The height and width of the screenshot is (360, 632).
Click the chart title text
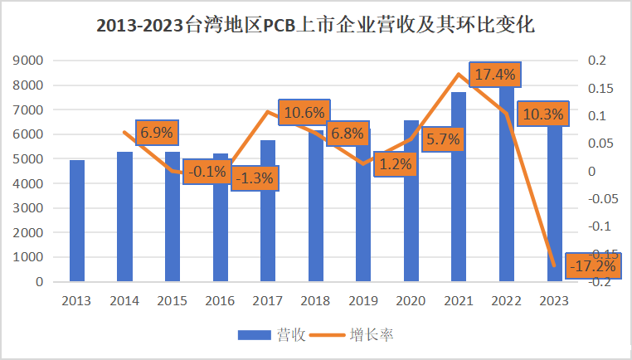315,25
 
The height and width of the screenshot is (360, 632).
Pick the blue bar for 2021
459,187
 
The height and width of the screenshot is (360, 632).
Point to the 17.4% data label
495,75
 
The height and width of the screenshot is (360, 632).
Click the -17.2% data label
592,266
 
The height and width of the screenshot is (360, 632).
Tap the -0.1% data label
206,171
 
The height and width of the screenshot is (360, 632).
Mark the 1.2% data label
395,164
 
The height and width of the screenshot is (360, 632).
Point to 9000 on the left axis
30,61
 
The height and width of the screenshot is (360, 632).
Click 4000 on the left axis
30,183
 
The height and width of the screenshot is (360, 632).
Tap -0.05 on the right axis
602,199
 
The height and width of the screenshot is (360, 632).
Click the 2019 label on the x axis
362,300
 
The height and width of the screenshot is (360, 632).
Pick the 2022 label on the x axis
506,300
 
